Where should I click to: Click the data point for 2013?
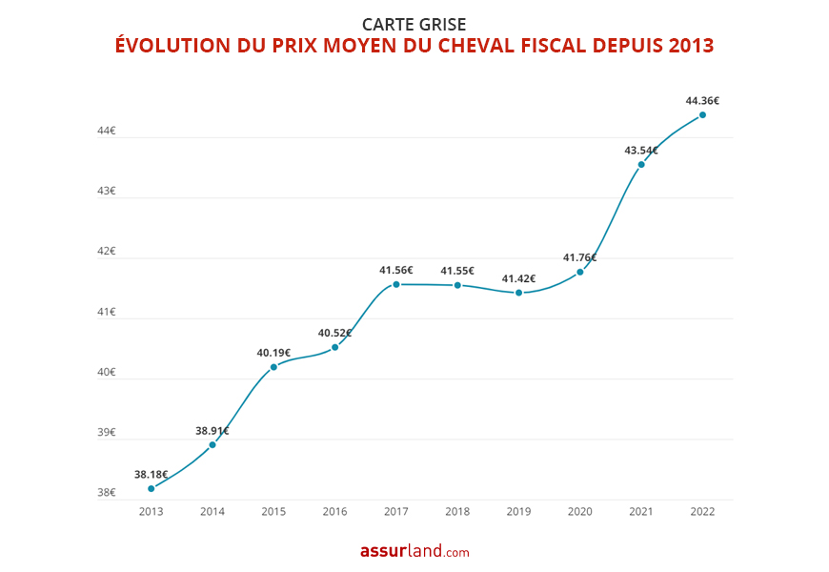coord(151,488)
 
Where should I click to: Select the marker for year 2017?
coord(395,284)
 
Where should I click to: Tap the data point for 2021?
coord(641,164)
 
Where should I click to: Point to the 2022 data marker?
coord(702,114)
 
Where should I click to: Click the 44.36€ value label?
coord(702,100)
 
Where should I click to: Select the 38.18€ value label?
coord(151,474)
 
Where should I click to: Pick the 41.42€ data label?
coord(518,278)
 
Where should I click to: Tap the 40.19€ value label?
coord(273,353)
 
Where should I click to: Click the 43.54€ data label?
coord(641,150)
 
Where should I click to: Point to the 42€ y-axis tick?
coord(106,251)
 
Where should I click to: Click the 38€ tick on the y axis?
coord(106,493)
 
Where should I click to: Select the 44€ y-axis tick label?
coord(106,131)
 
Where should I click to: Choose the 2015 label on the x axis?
coord(273,512)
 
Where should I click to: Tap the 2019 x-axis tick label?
coord(518,512)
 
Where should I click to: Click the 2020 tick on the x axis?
coord(579,512)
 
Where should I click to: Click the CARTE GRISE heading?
coord(414,24)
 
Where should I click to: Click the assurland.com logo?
coord(414,551)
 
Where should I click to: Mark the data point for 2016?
coord(334,347)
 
